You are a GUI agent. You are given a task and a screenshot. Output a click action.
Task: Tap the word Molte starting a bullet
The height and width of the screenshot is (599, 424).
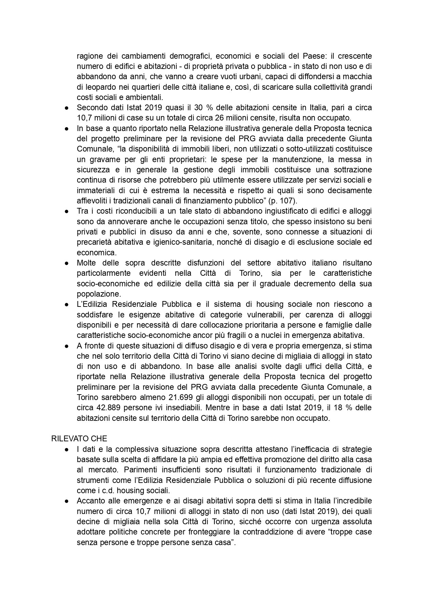[87, 263]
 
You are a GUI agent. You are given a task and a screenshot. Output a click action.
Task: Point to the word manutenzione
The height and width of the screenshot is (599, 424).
[298, 159]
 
